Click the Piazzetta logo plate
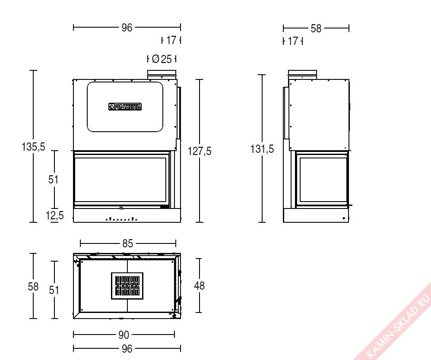125,107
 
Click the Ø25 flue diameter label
162,59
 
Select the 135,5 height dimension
33,146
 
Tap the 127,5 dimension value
200,151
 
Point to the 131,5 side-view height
262,148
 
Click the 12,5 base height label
55,215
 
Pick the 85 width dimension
127,243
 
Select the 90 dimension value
124,335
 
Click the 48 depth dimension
199,285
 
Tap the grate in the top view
127,286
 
